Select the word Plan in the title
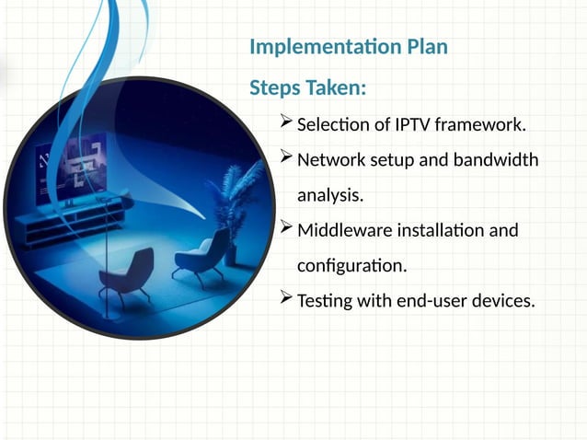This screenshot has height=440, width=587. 422,46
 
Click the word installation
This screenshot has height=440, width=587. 432,229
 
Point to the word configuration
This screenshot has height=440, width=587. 351,265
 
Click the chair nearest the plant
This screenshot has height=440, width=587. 201,254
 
